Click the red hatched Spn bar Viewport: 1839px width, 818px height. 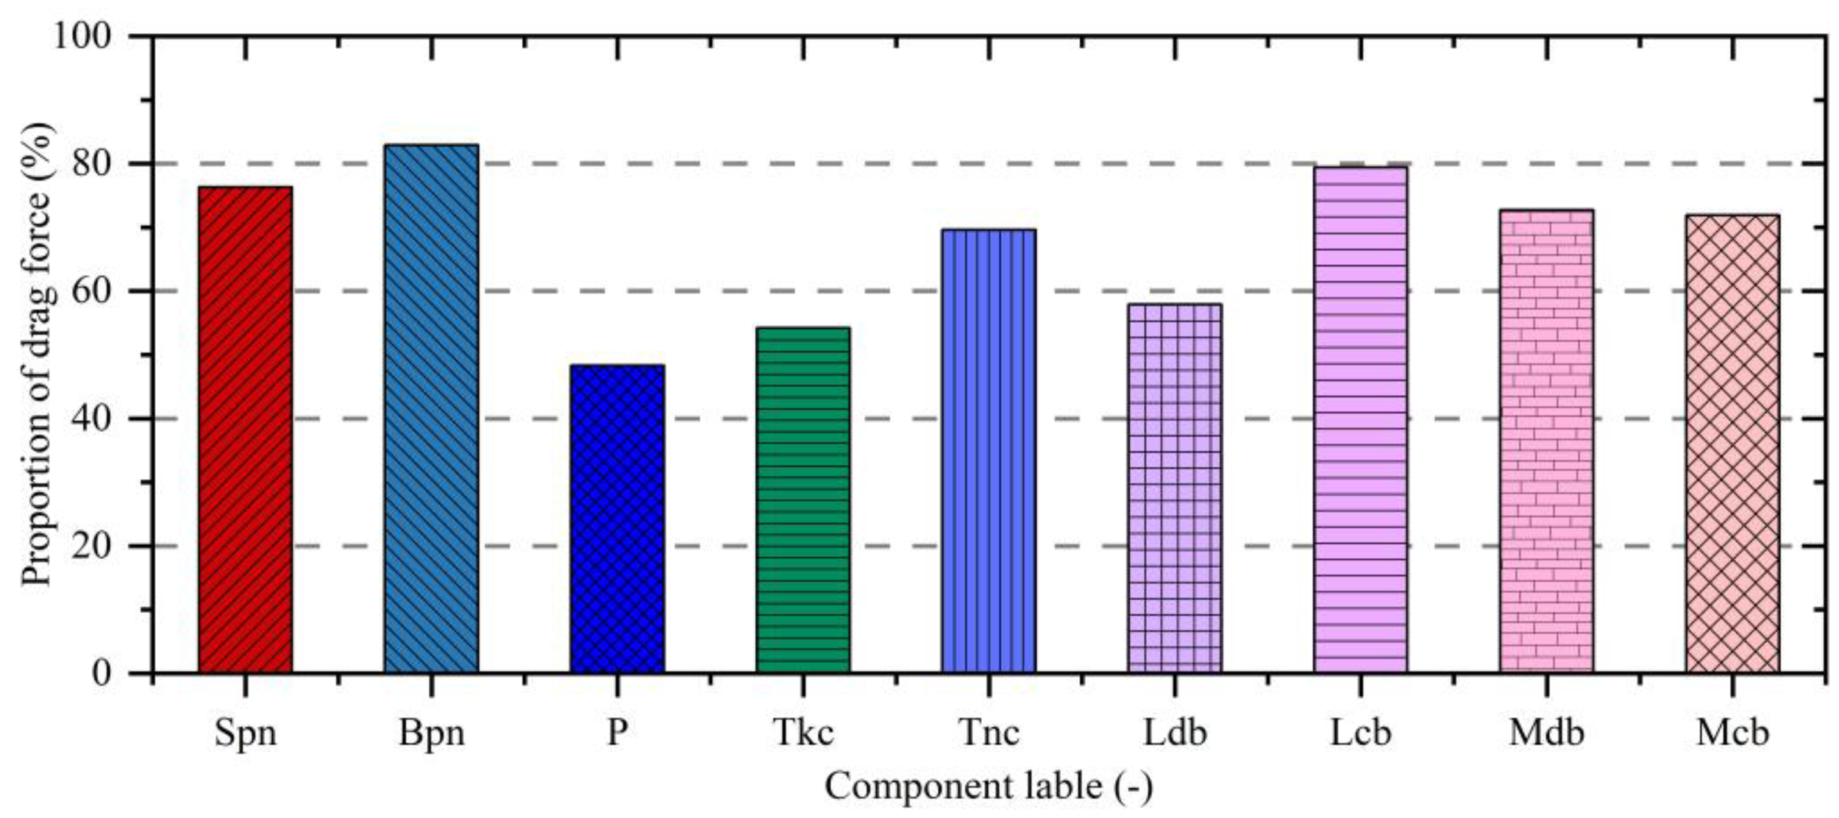click(245, 430)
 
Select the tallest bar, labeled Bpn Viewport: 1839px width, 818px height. click(431, 408)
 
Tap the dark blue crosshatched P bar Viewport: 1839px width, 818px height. click(616, 519)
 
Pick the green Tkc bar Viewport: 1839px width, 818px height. click(803, 500)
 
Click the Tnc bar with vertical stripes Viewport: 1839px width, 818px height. click(989, 451)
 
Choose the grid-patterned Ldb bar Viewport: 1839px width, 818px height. click(1174, 488)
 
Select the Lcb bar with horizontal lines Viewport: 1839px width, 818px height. click(1360, 419)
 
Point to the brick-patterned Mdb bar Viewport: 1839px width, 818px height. click(1546, 441)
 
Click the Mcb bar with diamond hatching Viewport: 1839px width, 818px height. click(1732, 444)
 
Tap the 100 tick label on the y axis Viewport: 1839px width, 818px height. click(82, 35)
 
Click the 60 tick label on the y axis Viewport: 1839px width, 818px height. click(91, 291)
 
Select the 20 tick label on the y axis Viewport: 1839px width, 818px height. click(91, 546)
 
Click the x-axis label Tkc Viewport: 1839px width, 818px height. click(803, 733)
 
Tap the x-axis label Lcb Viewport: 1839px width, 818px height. click(1360, 733)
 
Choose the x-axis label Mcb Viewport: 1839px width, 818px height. click(1732, 733)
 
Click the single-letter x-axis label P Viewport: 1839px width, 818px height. click(616, 733)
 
